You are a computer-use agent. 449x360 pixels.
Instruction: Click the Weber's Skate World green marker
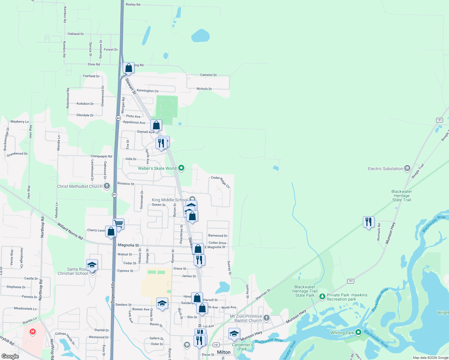pyautogui.click(x=181, y=168)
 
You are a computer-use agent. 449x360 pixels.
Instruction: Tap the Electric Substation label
pyautogui.click(x=385, y=169)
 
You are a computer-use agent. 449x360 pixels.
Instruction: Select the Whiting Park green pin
pyautogui.click(x=358, y=332)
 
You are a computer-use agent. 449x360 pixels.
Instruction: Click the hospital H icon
pyautogui.click(x=33, y=332)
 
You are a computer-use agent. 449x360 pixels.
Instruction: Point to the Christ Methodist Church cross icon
pyautogui.click(x=107, y=186)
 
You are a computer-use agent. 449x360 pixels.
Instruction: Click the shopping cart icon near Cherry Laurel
pyautogui.click(x=119, y=224)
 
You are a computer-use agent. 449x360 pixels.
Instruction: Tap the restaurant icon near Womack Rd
pyautogui.click(x=369, y=222)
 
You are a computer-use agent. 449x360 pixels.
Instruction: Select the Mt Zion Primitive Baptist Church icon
pyautogui.click(x=267, y=318)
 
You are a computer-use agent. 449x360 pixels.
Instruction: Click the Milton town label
pyautogui.click(x=224, y=352)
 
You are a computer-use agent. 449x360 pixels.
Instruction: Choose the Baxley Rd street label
pyautogui.click(x=133, y=4)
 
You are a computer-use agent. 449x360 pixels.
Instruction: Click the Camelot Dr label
pyautogui.click(x=208, y=75)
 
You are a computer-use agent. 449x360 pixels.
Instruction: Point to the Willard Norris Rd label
pyautogui.click(x=70, y=231)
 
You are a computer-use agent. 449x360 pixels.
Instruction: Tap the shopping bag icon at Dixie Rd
pyautogui.click(x=128, y=68)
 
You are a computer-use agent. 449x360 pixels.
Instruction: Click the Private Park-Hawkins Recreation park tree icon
pyautogui.click(x=322, y=297)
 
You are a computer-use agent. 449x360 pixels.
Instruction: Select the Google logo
pyautogui.click(x=10, y=356)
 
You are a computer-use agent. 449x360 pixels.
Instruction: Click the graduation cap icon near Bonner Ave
pyautogui.click(x=162, y=304)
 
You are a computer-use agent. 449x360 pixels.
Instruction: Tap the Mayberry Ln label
pyautogui.click(x=20, y=121)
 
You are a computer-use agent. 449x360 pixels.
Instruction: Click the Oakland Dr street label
pyautogui.click(x=76, y=34)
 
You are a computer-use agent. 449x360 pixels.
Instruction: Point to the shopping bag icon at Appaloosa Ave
pyautogui.click(x=156, y=125)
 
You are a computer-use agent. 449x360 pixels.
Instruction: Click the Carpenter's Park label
pyautogui.click(x=243, y=347)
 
